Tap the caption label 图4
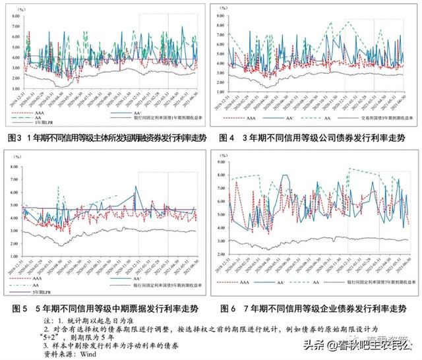222,138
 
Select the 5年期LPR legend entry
34,292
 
